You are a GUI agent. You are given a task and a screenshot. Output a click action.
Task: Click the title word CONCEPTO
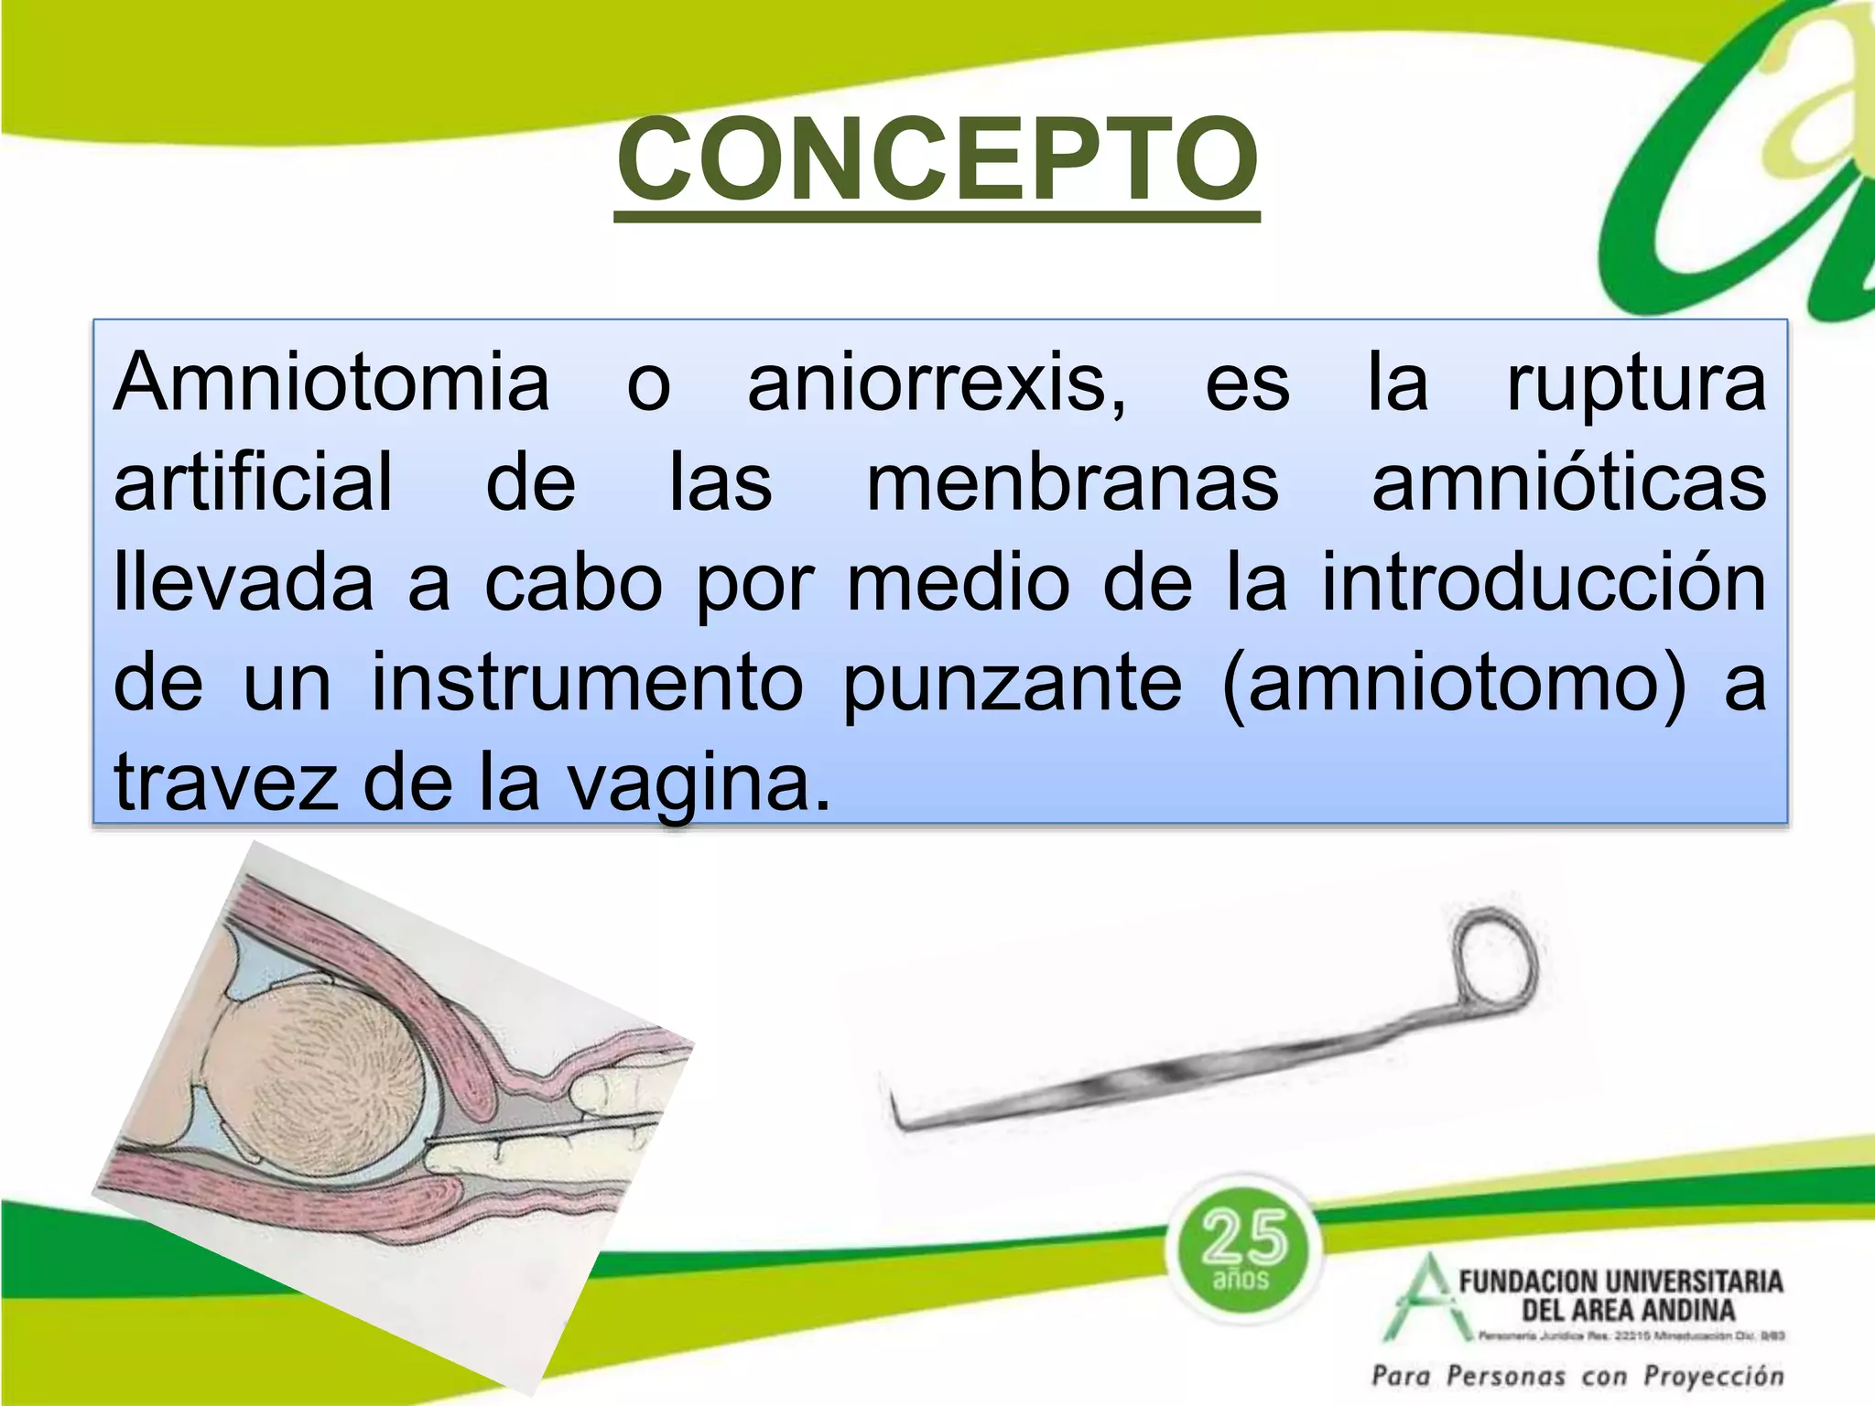(937, 161)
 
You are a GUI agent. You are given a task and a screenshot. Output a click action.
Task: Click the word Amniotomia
(331, 383)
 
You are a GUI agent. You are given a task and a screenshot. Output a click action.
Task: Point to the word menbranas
(1072, 483)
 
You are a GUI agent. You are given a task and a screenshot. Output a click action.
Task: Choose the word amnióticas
(1568, 483)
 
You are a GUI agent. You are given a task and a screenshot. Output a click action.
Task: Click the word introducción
(1544, 584)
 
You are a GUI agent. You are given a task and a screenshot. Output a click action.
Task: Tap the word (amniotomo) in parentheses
(1453, 685)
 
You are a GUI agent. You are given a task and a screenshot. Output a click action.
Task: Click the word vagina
(699, 785)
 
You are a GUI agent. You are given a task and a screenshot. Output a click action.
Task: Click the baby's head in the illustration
(325, 1080)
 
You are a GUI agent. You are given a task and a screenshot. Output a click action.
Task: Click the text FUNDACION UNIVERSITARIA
(1620, 1281)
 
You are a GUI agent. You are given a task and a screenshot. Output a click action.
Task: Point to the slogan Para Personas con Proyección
(1577, 1376)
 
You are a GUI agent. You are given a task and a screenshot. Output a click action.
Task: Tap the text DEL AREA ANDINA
(1628, 1310)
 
